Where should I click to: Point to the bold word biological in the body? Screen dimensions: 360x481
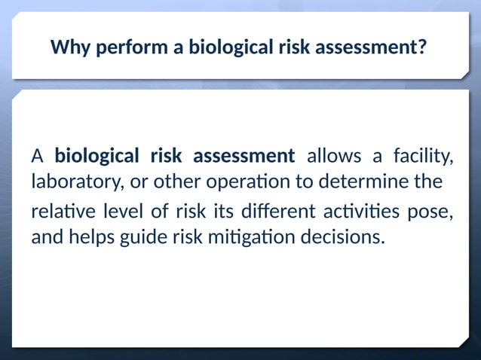[97, 157]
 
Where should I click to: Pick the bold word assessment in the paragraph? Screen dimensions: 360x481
[244, 157]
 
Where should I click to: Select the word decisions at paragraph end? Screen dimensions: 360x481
[343, 237]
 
